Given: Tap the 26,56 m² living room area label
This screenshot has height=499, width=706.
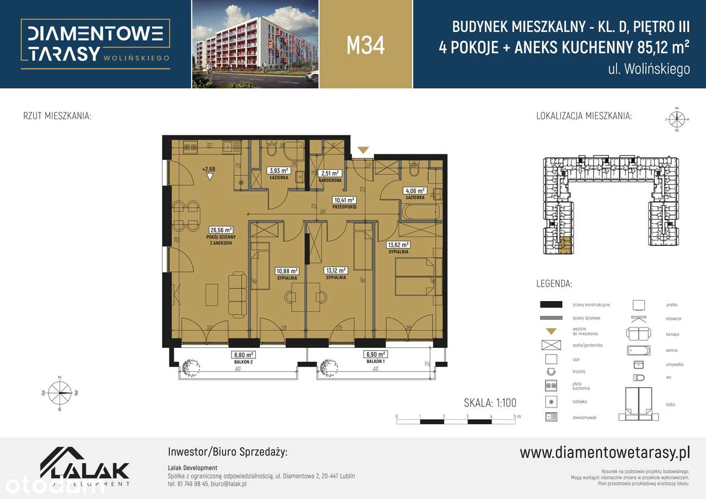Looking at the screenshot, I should (x=221, y=230).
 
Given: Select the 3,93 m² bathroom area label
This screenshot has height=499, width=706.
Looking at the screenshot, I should (x=279, y=170).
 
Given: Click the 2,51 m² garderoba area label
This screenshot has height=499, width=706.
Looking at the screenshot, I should (x=330, y=173).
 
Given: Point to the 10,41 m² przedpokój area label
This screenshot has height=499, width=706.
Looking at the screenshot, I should (x=344, y=200).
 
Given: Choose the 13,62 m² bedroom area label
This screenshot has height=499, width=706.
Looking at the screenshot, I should (x=398, y=245).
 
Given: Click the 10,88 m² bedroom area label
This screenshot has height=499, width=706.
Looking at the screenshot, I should (x=287, y=271).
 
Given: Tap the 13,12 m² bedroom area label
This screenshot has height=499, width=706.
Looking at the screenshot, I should (x=335, y=271).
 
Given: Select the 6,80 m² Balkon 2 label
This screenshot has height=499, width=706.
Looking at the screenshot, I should (x=243, y=355).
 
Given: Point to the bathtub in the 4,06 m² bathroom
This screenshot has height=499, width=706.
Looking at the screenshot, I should (x=420, y=211).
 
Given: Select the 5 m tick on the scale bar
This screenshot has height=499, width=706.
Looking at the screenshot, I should (x=514, y=417).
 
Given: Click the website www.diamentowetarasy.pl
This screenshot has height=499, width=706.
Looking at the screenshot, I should (x=605, y=453).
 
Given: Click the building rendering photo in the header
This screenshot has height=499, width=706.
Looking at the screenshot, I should (x=255, y=44).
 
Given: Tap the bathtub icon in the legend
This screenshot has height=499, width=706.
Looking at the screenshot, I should (x=638, y=350).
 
